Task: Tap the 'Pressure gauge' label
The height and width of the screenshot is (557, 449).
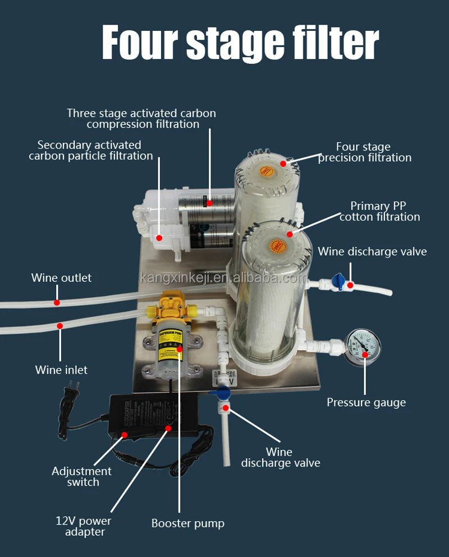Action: (x=366, y=402)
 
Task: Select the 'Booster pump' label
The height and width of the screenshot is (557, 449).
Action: (x=187, y=523)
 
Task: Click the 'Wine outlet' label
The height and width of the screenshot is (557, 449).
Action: (x=61, y=278)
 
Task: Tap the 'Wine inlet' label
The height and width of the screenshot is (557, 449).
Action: (x=61, y=370)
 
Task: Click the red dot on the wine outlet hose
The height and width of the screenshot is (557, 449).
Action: (x=57, y=302)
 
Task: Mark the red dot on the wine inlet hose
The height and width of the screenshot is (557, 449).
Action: (x=60, y=326)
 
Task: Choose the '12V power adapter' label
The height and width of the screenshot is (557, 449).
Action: (x=83, y=526)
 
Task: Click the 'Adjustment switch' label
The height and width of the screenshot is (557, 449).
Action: (x=82, y=477)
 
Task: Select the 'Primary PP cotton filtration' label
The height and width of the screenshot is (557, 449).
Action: (x=379, y=211)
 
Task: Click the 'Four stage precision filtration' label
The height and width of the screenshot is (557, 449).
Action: (x=364, y=152)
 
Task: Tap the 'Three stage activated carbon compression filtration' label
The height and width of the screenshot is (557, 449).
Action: (x=141, y=118)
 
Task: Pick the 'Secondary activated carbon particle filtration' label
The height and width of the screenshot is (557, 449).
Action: (x=90, y=150)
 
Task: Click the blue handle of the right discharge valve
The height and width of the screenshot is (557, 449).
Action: (x=338, y=280)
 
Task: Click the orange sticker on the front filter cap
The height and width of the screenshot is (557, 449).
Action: (x=276, y=246)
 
